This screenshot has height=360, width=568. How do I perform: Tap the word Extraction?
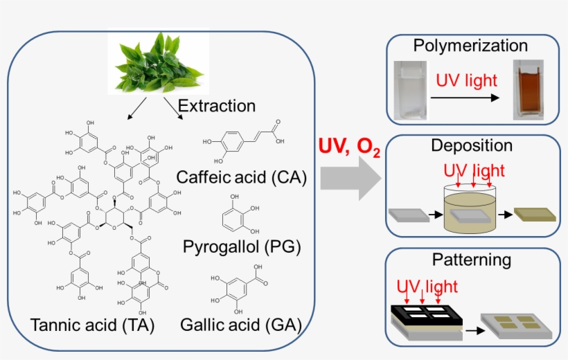click(x=217, y=106)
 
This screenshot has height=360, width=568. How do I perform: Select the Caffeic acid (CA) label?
click(x=242, y=177)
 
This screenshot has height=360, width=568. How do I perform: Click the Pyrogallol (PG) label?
click(x=242, y=246)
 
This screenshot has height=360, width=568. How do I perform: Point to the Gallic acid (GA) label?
click(x=240, y=324)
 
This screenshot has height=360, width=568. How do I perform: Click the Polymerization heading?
click(x=470, y=46)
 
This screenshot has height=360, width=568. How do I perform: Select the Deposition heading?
click(x=471, y=145)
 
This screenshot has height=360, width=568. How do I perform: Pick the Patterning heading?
click(x=471, y=260)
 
